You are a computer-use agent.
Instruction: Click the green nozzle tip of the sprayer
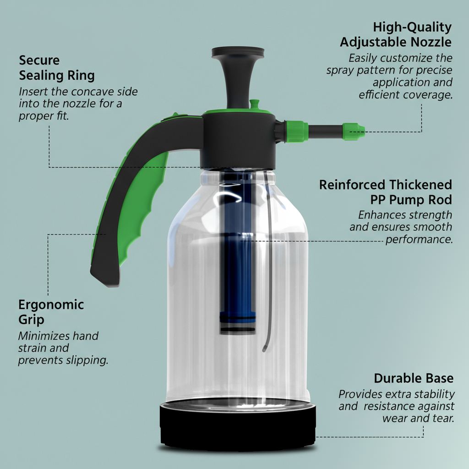click(354, 131)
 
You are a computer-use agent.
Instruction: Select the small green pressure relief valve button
click(253, 105)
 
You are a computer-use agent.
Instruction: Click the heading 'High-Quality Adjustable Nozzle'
click(396, 34)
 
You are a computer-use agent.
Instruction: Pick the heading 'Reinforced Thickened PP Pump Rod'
click(386, 192)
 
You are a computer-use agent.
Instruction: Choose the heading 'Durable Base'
click(414, 378)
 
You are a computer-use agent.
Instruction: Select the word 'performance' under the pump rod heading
click(419, 239)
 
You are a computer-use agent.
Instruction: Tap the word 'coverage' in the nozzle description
click(428, 95)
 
